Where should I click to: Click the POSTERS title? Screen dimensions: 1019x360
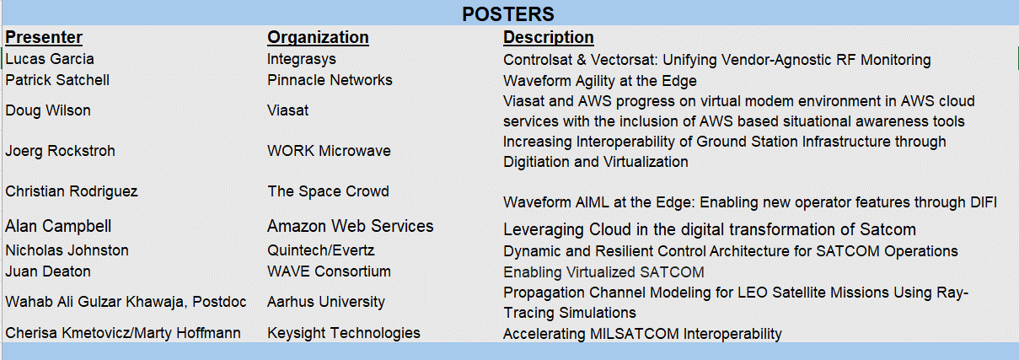(x=508, y=14)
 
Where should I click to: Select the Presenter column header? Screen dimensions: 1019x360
(x=44, y=37)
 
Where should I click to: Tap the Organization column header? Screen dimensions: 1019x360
(x=318, y=37)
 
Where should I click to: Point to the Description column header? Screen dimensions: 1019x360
(x=548, y=37)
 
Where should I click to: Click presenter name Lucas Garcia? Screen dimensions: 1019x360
(x=50, y=59)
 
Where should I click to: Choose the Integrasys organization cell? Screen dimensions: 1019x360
(x=302, y=60)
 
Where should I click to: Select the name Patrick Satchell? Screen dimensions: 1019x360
(x=57, y=80)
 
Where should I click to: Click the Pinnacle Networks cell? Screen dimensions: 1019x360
(x=330, y=80)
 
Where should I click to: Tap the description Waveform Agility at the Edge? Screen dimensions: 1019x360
(x=600, y=81)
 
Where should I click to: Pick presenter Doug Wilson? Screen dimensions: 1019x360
(x=48, y=110)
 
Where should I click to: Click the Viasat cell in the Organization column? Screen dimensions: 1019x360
(x=288, y=110)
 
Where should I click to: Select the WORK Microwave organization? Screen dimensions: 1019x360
(x=329, y=151)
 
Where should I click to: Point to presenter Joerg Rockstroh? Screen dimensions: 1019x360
(x=60, y=151)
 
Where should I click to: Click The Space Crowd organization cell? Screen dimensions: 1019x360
(x=328, y=191)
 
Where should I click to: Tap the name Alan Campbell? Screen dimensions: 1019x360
(x=58, y=226)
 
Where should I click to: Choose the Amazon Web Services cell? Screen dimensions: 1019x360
(x=351, y=226)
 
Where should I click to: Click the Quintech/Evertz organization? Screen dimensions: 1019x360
(x=321, y=250)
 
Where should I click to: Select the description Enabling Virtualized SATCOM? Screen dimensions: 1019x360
(x=603, y=272)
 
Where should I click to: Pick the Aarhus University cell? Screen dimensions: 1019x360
(x=326, y=302)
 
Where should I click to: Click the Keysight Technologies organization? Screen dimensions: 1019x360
(x=344, y=333)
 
